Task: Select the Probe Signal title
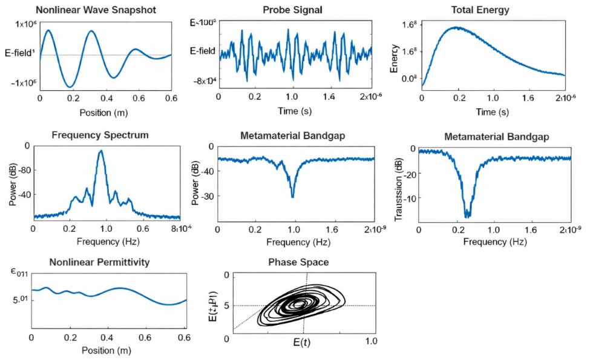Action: (293, 10)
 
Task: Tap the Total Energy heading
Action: (480, 10)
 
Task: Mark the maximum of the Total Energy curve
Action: (457, 27)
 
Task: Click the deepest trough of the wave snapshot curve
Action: (71, 87)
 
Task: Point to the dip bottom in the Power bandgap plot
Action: (293, 197)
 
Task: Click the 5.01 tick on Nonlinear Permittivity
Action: (21, 299)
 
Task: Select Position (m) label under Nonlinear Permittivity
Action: (107, 351)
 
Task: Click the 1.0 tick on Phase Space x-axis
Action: (370, 341)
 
